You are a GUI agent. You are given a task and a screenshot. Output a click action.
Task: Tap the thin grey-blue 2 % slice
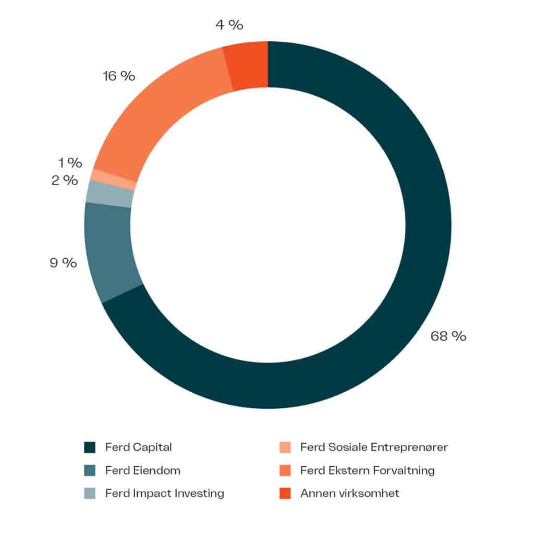pyautogui.click(x=110, y=193)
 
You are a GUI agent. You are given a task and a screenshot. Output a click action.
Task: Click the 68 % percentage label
pyautogui.click(x=448, y=336)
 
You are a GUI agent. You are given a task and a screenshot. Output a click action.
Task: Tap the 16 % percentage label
pyautogui.click(x=118, y=76)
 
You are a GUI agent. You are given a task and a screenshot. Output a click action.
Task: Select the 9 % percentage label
pyautogui.click(x=63, y=262)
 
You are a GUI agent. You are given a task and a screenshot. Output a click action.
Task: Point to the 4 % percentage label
pyautogui.click(x=229, y=25)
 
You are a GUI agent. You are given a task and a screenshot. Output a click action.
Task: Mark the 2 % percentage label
pyautogui.click(x=65, y=181)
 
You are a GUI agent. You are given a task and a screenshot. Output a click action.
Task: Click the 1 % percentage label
pyautogui.click(x=70, y=163)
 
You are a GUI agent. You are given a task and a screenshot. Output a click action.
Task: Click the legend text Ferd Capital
pyautogui.click(x=138, y=447)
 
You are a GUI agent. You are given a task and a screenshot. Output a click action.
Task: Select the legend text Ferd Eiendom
pyautogui.click(x=142, y=470)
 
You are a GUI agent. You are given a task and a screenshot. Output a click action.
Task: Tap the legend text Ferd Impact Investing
pyautogui.click(x=164, y=493)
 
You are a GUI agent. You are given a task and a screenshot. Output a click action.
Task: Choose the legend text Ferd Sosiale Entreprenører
pyautogui.click(x=374, y=447)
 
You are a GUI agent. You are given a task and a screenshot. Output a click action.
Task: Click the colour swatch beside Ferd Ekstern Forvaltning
pyautogui.click(x=285, y=470)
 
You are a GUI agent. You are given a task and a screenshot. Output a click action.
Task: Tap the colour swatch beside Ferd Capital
pyautogui.click(x=90, y=447)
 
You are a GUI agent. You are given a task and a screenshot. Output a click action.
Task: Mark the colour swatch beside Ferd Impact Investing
pyautogui.click(x=90, y=493)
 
